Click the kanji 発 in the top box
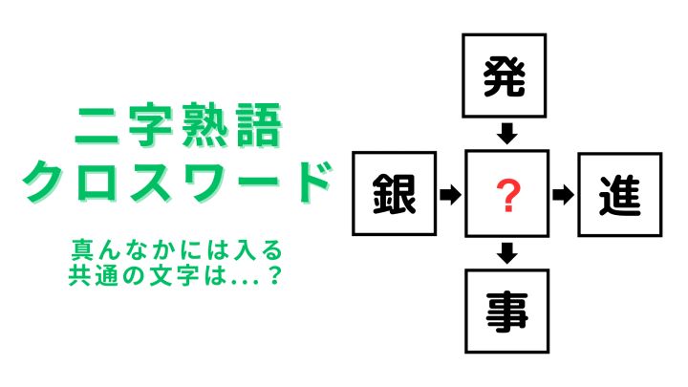[x=505, y=76]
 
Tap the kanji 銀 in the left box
[x=394, y=194]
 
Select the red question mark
[x=507, y=196]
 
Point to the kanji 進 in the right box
[x=620, y=196]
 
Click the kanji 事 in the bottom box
[x=506, y=312]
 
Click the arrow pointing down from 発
[x=507, y=134]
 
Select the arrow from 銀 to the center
[x=450, y=194]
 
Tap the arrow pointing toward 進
[x=563, y=195]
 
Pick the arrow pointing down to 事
[x=507, y=253]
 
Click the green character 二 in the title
[x=97, y=126]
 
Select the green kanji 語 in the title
[x=259, y=125]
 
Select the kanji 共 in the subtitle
[x=79, y=275]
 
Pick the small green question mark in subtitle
[x=274, y=275]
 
